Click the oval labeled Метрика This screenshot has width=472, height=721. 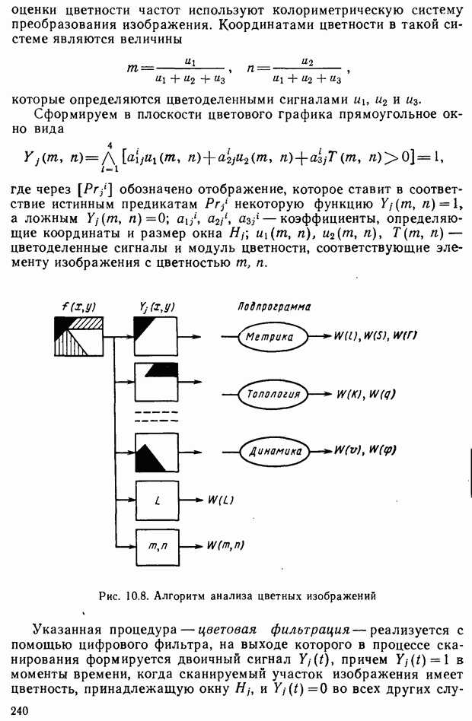point(273,337)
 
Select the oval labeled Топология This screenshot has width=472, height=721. point(274,394)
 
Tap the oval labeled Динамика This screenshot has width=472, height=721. point(275,451)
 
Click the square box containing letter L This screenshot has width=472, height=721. point(158,500)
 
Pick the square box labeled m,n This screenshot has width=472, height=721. point(158,547)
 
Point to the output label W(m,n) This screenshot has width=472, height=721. point(225,545)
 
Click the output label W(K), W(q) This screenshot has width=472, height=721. point(366,394)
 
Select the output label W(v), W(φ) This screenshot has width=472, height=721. point(365,449)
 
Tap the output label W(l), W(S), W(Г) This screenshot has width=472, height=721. point(375,335)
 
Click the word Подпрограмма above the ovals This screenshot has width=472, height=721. point(274,307)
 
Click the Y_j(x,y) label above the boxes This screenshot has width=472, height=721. point(157,307)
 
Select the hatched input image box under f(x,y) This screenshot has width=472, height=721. point(78,336)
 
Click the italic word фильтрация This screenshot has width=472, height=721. point(308,630)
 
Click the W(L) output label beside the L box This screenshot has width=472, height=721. point(221,500)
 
